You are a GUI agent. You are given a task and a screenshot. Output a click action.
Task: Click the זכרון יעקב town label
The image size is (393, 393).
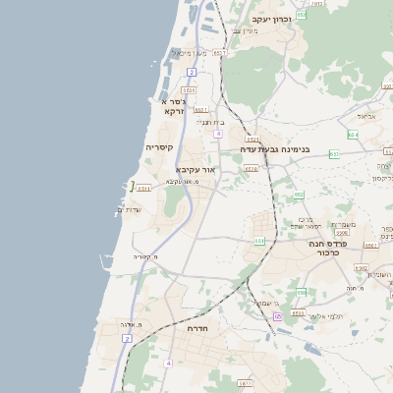point(272,19)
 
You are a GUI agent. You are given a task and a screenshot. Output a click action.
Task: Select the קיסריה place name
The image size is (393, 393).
point(160,147)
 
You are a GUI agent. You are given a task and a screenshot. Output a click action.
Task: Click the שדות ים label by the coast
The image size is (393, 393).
point(129,209)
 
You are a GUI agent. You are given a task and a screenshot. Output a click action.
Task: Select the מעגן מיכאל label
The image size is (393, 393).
point(188,52)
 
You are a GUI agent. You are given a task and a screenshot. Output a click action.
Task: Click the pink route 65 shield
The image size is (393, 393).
point(278,316)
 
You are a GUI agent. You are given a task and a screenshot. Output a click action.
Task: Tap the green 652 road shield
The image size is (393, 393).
point(301,15)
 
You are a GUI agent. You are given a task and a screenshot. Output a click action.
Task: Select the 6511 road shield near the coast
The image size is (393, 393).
point(144,188)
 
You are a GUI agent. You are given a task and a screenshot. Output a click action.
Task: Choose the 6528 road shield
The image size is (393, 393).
point(252,169)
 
